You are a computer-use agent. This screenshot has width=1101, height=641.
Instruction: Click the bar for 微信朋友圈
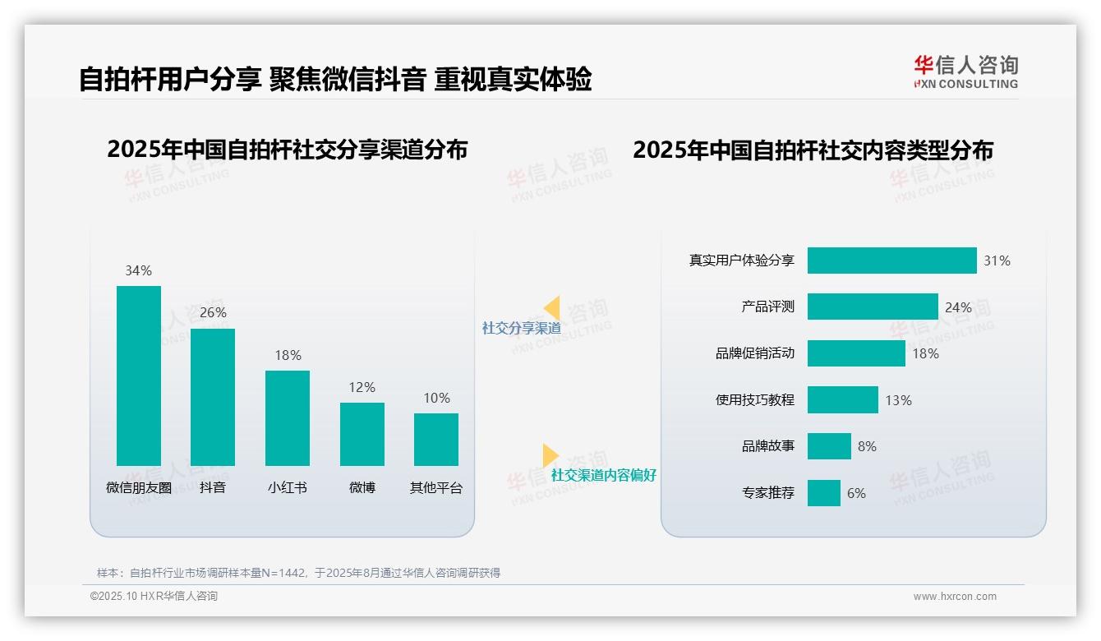click(x=139, y=376)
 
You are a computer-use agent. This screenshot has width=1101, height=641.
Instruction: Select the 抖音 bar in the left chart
click(x=213, y=397)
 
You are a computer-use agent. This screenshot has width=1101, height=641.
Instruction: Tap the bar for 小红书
click(x=288, y=417)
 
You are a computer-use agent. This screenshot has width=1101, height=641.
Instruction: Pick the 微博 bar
click(x=362, y=434)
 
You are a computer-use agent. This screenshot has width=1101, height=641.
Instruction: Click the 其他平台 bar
click(x=436, y=439)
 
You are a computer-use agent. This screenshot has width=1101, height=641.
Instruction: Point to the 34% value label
click(x=138, y=270)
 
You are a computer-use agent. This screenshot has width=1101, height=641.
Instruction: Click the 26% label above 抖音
click(x=213, y=313)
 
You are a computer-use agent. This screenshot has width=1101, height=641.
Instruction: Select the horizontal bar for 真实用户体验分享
click(x=891, y=261)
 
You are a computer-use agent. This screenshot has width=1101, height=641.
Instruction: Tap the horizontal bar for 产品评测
click(x=873, y=307)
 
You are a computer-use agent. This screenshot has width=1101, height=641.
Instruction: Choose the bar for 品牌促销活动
click(x=856, y=353)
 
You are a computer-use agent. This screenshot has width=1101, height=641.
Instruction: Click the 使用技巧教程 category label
click(x=755, y=400)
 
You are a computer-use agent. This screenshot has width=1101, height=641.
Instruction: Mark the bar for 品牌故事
click(x=829, y=446)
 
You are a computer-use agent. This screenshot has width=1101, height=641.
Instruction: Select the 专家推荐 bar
click(x=824, y=493)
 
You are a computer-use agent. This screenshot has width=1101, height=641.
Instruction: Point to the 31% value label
click(x=997, y=261)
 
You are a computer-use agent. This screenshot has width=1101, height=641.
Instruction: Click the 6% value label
click(x=856, y=493)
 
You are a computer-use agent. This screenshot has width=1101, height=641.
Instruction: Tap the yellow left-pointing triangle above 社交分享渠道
click(x=552, y=308)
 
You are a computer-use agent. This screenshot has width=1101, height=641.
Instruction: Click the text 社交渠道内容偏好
click(x=604, y=475)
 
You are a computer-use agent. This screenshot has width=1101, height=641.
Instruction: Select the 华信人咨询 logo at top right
click(x=965, y=71)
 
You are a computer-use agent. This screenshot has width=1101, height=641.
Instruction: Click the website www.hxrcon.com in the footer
click(x=955, y=597)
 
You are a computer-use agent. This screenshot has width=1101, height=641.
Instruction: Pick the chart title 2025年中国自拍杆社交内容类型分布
click(x=813, y=150)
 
